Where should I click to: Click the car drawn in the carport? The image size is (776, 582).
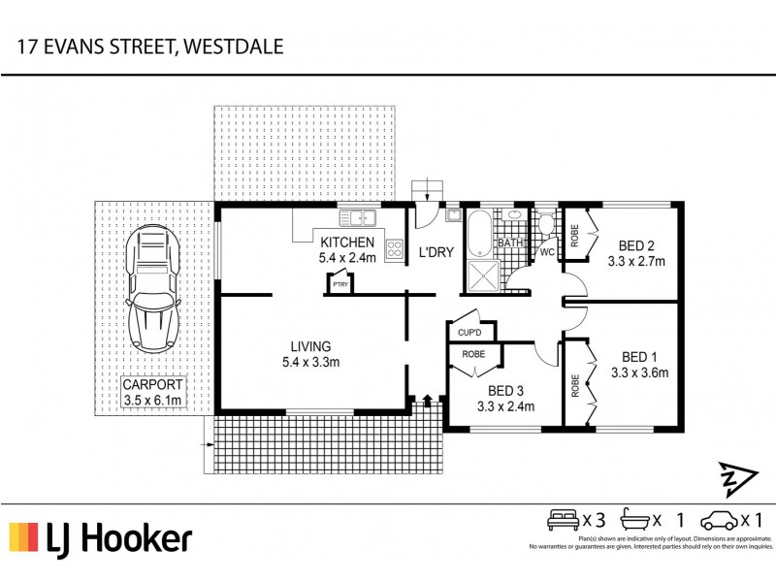click(x=153, y=287)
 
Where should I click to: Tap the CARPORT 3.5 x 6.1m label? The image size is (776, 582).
click(x=152, y=392)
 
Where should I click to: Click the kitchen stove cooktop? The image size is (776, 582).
click(x=395, y=248)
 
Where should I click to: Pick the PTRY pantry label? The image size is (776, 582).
click(x=339, y=284)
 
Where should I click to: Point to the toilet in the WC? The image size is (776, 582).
click(x=548, y=227)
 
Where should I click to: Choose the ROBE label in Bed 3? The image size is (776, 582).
click(x=473, y=354)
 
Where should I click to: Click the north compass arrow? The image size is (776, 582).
click(x=734, y=478)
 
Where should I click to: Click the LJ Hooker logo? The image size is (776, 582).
click(x=101, y=537)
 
